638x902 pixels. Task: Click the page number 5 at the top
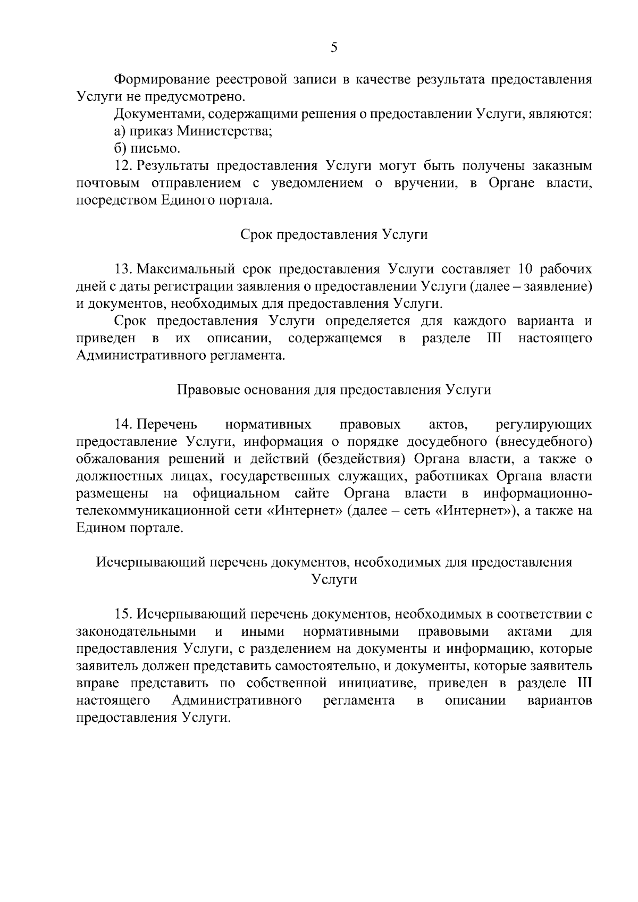pyautogui.click(x=334, y=48)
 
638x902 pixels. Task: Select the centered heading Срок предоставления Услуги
pyautogui.click(x=334, y=234)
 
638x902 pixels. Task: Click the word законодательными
pyautogui.click(x=137, y=632)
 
